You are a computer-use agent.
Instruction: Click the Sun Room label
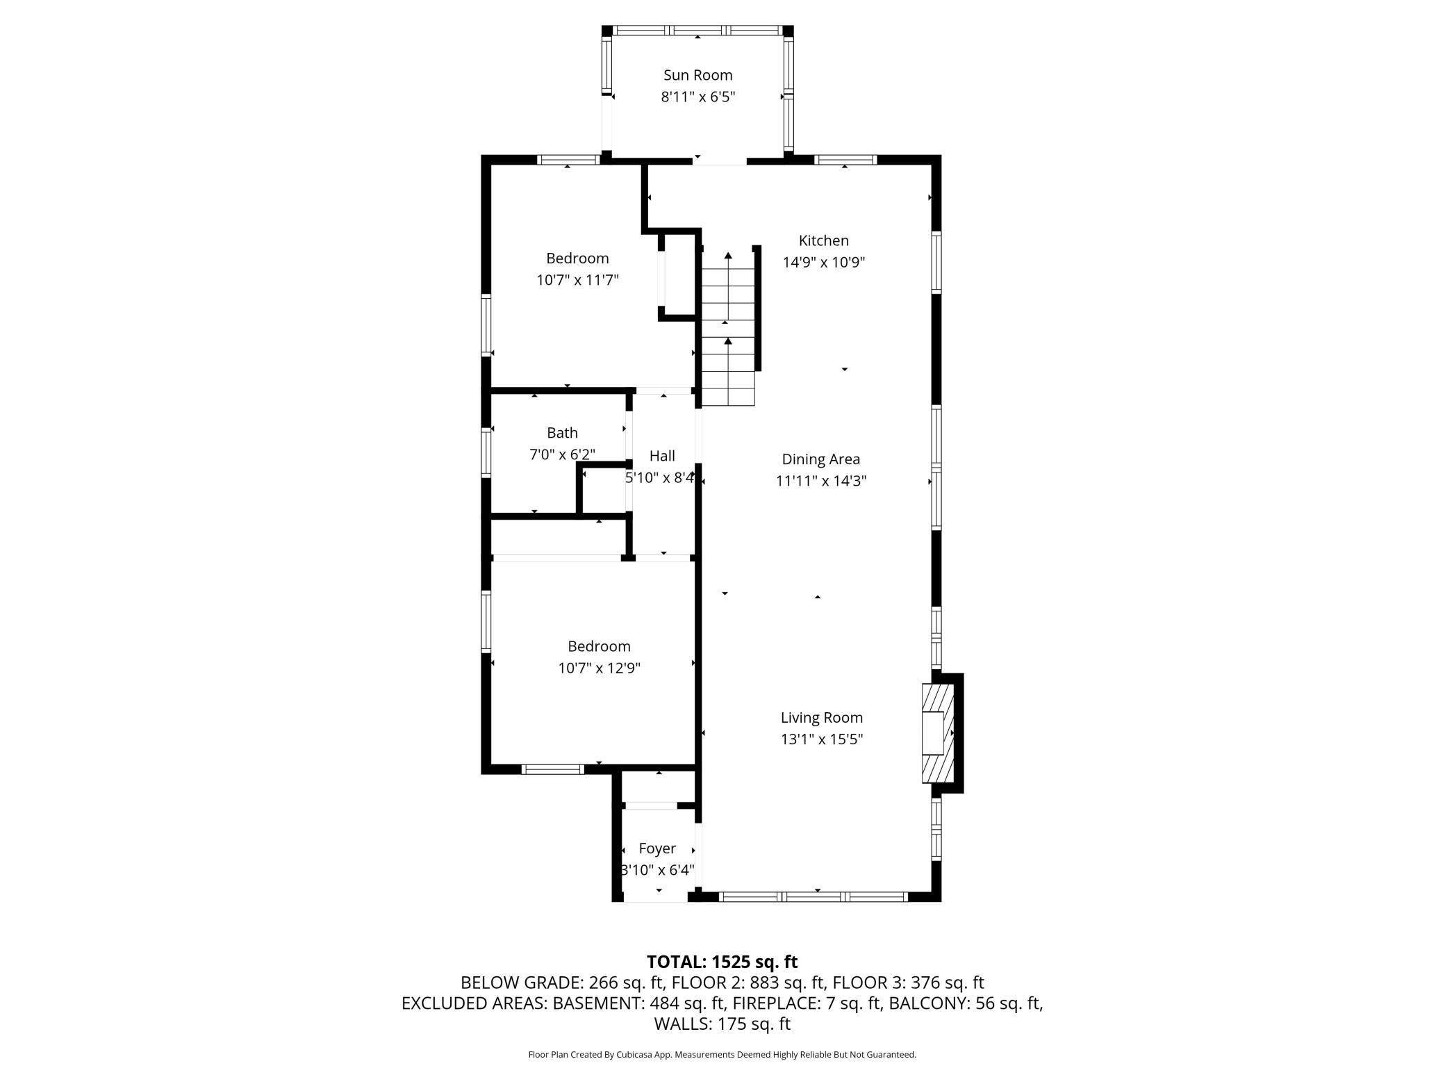point(697,75)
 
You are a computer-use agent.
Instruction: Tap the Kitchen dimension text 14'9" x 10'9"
point(823,263)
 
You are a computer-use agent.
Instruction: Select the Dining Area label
point(820,459)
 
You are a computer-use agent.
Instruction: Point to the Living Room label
point(821,718)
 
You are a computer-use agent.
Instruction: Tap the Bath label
point(562,433)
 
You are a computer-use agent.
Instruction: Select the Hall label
point(661,456)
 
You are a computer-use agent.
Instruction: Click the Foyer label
point(657,848)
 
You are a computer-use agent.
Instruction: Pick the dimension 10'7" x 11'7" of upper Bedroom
point(577,280)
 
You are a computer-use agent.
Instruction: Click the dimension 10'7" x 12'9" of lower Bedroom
point(599,668)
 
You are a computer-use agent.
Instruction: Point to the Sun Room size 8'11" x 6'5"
point(697,97)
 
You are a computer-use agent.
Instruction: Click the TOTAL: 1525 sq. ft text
point(722,962)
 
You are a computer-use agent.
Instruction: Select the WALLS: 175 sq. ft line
point(722,1024)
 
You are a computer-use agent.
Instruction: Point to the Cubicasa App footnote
point(722,1055)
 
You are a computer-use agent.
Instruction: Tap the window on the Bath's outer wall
point(486,452)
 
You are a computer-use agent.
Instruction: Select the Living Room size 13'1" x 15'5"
point(821,739)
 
